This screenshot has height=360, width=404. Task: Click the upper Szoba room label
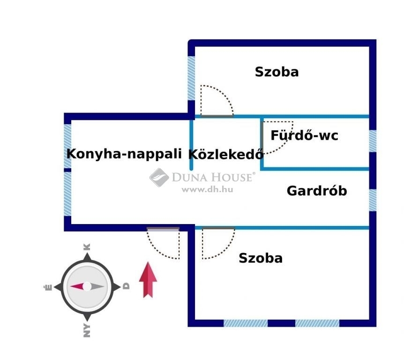pyautogui.click(x=277, y=72)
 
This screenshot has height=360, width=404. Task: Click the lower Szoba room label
pyautogui.click(x=261, y=258)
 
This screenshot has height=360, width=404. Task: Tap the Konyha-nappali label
pyautogui.click(x=124, y=154)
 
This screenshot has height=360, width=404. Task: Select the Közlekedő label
pyautogui.click(x=226, y=154)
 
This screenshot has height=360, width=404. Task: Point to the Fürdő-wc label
pyautogui.click(x=304, y=135)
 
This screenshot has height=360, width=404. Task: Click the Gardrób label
pyautogui.click(x=317, y=191)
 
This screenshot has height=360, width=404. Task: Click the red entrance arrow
pyautogui.click(x=148, y=280)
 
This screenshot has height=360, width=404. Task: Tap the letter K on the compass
pyautogui.click(x=87, y=247)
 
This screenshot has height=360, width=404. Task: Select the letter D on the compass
pyautogui.click(x=126, y=286)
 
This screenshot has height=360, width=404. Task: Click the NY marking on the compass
pyautogui.click(x=87, y=330)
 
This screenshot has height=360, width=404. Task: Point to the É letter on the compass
pyautogui.click(x=48, y=287)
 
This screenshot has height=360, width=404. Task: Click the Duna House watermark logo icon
pyautogui.click(x=159, y=177)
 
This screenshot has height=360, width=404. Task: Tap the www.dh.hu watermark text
pyautogui.click(x=207, y=190)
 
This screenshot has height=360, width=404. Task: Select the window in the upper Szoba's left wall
pyautogui.click(x=191, y=78)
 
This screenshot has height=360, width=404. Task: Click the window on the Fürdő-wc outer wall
pyautogui.click(x=373, y=141)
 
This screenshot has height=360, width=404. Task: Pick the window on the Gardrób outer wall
pyautogui.click(x=373, y=200)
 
